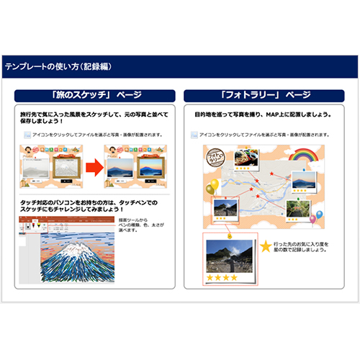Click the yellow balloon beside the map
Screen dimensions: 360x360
click(212, 188)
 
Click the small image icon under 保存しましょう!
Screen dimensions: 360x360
click(26, 135)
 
